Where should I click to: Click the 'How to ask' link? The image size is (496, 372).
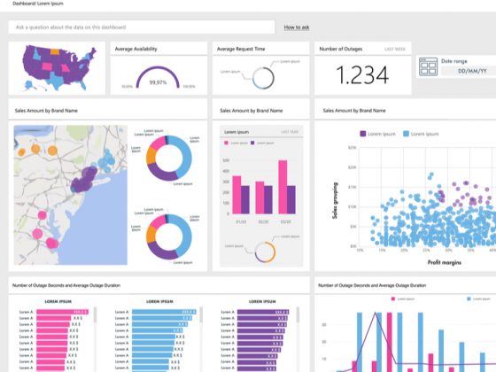point(297,27)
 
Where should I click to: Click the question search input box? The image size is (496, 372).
point(142,27)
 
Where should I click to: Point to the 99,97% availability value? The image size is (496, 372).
point(158,81)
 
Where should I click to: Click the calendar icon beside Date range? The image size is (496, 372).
point(428,66)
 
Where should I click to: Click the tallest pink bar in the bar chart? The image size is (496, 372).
point(283,187)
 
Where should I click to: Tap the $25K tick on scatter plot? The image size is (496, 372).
point(353,148)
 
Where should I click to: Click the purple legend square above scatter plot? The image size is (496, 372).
point(362,133)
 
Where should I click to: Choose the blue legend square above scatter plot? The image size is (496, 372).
point(407,133)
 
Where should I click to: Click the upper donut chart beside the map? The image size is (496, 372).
point(167,155)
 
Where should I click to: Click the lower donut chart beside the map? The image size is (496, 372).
point(167,234)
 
